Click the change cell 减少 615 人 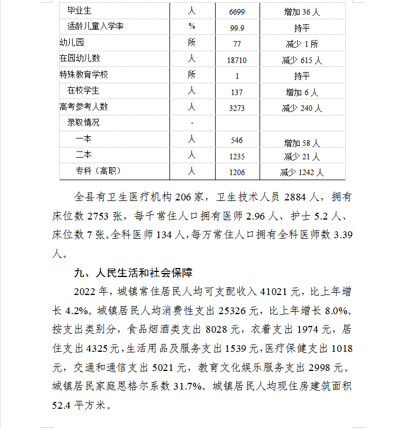(x=302, y=60)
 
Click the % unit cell (x=192, y=26)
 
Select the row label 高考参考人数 (x=84, y=107)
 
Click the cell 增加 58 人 (x=302, y=142)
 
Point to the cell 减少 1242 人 (x=302, y=172)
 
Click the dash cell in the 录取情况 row (x=192, y=123)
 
